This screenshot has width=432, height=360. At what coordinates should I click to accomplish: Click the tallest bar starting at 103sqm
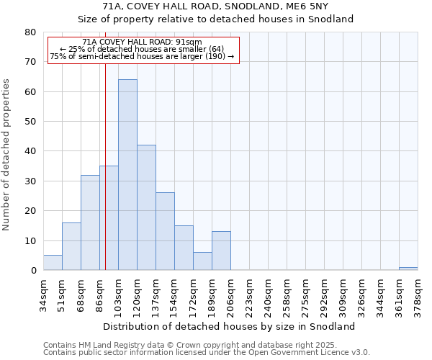(x=127, y=175)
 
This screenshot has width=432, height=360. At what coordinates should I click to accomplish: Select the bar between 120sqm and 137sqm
(x=146, y=207)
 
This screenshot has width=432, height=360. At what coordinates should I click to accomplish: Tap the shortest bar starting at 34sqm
(x=53, y=263)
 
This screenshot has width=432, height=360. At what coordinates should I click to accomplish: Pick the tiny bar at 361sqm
(x=408, y=269)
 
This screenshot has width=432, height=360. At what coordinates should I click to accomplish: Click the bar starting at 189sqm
(x=221, y=251)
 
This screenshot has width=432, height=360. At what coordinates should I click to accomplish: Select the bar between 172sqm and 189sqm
(x=202, y=261)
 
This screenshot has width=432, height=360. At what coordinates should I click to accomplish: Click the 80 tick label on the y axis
(x=30, y=32)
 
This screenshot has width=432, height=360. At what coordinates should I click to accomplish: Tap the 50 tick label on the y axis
(x=30, y=122)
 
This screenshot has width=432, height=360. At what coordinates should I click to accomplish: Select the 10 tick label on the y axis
(x=30, y=241)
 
